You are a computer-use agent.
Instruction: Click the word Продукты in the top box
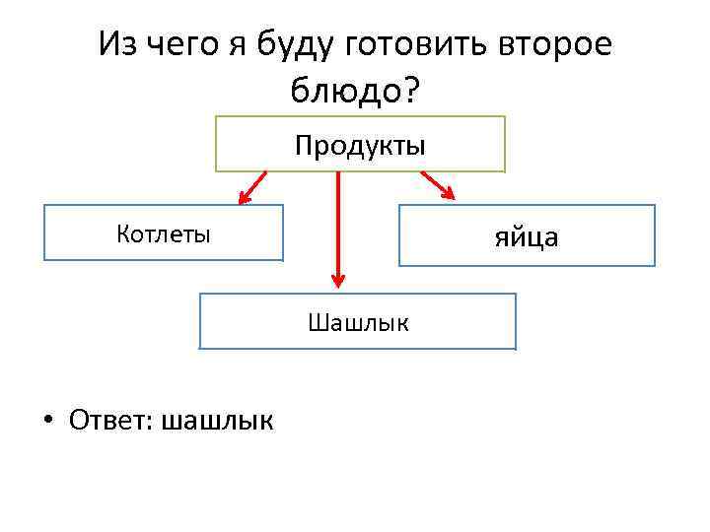(360, 146)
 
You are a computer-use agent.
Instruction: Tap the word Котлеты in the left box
(163, 233)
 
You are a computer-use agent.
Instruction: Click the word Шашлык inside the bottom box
(358, 322)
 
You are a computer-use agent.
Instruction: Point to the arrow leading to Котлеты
(251, 188)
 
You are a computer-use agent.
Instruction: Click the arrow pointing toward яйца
(439, 186)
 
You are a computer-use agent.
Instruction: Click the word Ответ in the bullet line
(108, 420)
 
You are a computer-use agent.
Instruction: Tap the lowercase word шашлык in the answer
(218, 421)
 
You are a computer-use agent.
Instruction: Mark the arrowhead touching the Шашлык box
(338, 281)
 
